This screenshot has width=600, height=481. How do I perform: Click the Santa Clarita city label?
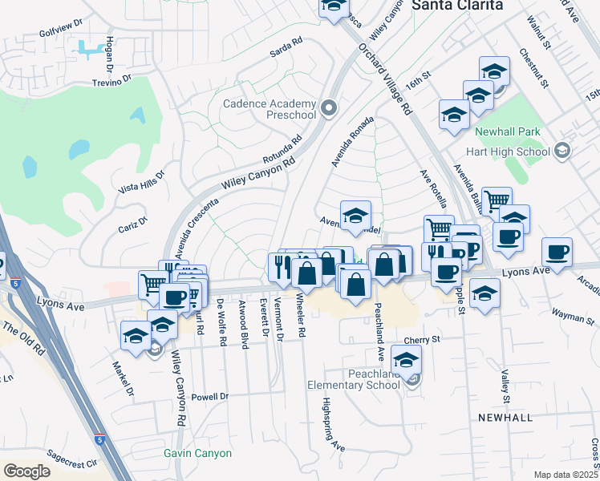[x=457, y=5]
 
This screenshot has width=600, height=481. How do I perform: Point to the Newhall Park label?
[x=507, y=131]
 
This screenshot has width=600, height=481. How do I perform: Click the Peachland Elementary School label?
[x=354, y=379]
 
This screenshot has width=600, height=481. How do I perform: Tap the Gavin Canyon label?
[x=197, y=453]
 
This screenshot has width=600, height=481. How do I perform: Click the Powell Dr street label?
[x=210, y=396]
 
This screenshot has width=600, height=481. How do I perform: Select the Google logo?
[x=26, y=471]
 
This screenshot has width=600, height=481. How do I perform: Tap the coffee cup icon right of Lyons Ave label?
[x=557, y=252]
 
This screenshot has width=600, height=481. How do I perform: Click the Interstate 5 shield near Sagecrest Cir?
[x=99, y=439]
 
